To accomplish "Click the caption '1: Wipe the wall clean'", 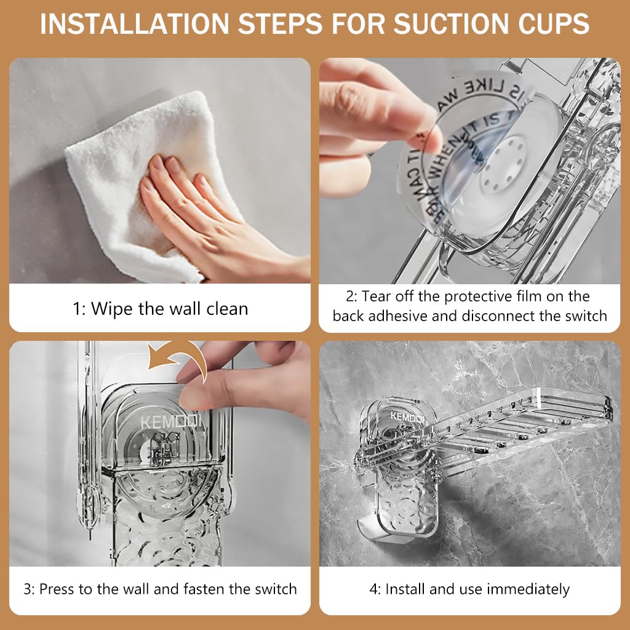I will [x=160, y=308].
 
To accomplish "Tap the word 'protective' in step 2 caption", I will [x=474, y=297].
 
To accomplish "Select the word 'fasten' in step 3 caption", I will [x=206, y=589].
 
